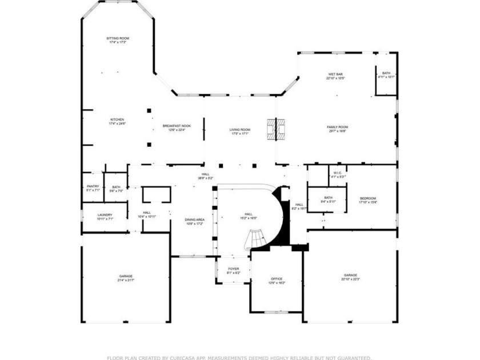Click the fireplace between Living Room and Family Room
click(x=275, y=129)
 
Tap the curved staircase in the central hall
click(x=256, y=239)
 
